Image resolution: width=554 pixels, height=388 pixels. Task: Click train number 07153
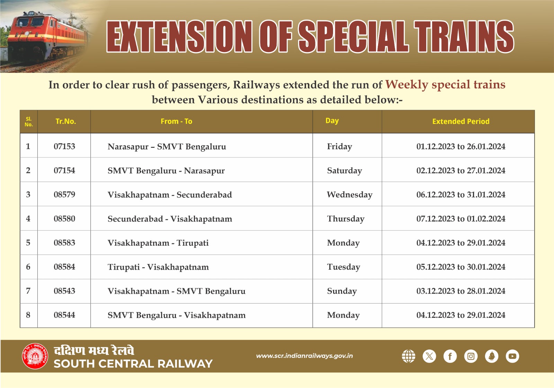click(x=64, y=146)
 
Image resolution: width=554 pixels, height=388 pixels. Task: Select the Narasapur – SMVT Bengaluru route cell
click(x=167, y=147)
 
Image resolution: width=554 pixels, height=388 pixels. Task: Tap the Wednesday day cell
click(x=349, y=195)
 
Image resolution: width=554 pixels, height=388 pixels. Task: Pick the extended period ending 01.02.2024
click(x=461, y=219)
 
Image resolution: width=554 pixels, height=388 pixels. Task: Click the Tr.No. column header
click(x=65, y=121)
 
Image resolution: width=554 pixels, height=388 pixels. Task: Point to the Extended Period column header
click(x=461, y=121)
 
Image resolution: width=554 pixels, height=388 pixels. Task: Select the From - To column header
click(x=176, y=121)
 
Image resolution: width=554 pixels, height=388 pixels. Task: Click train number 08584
click(x=64, y=267)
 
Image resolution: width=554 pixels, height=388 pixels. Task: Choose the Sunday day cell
click(x=342, y=291)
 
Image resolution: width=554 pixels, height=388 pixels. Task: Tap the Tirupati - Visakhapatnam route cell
click(x=158, y=267)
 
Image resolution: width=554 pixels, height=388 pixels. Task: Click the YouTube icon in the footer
click(x=512, y=356)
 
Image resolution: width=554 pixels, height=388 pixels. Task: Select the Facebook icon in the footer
click(x=450, y=356)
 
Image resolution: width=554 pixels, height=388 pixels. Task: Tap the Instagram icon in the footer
click(x=471, y=356)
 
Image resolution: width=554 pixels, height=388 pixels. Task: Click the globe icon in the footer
click(x=409, y=356)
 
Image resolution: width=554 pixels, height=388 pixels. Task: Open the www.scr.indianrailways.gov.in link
click(x=304, y=356)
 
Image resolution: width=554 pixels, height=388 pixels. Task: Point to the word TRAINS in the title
click(x=464, y=36)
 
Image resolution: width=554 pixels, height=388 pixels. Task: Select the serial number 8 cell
click(x=28, y=315)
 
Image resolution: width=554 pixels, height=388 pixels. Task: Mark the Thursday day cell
click(x=346, y=219)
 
